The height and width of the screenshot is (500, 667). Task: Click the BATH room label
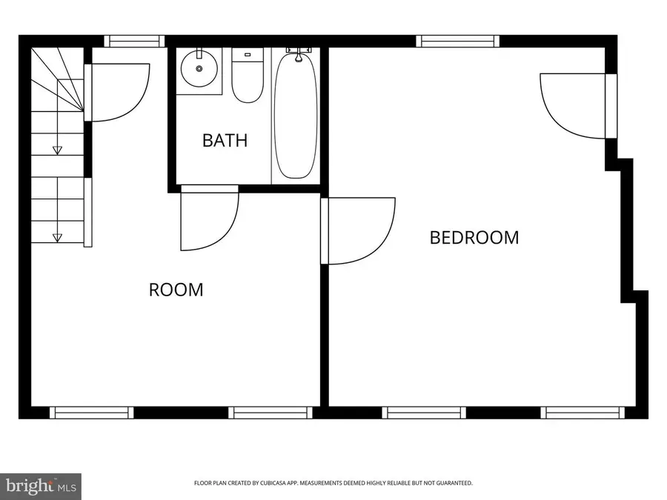[225, 140]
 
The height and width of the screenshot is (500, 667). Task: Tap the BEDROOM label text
[474, 237]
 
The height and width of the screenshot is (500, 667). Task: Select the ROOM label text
[176, 290]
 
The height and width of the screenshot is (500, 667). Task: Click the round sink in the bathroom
[199, 68]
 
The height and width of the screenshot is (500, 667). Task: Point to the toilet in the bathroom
[248, 76]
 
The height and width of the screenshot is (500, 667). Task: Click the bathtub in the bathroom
[296, 115]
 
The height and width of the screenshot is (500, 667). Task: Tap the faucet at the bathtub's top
[299, 54]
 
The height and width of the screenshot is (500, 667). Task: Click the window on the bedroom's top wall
[457, 41]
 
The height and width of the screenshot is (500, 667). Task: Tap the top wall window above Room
[134, 41]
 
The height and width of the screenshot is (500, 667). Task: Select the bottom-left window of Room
[91, 413]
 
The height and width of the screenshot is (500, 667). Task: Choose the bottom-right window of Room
[270, 413]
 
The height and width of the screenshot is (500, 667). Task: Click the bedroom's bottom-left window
[424, 413]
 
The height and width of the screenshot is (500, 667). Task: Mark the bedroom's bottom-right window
[583, 413]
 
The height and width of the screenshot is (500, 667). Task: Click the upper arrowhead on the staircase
[57, 150]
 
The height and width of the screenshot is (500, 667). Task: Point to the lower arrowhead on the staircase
[57, 238]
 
